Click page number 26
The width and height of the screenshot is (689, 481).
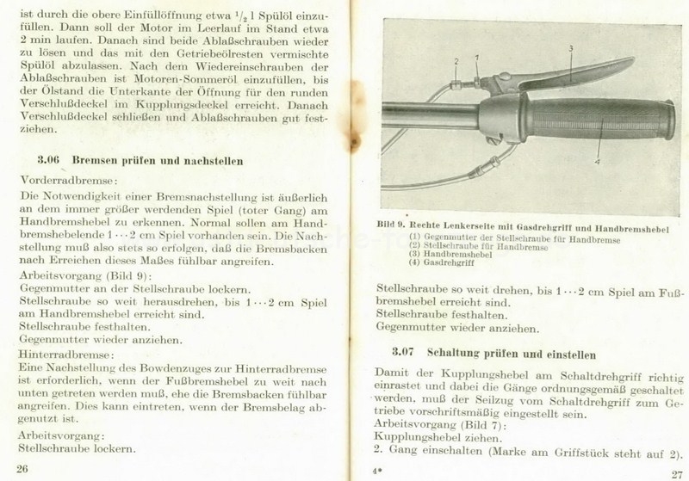coord(22,467)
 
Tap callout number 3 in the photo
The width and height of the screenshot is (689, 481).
coord(569,48)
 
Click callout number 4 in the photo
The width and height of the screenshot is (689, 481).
coord(597,159)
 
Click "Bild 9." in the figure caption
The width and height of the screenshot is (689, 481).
coord(392,224)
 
